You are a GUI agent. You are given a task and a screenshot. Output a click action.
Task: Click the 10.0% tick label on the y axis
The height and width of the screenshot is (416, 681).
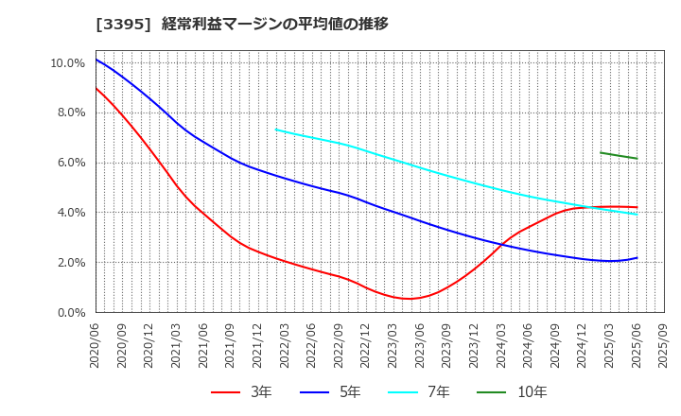click(x=68, y=63)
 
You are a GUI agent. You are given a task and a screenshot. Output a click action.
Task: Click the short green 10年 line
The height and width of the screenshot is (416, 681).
click(x=619, y=156)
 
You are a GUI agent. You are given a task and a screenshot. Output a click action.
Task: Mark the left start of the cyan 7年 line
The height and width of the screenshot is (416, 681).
click(x=275, y=130)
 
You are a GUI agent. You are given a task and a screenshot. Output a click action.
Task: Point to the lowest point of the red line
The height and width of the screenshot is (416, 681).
click(x=408, y=299)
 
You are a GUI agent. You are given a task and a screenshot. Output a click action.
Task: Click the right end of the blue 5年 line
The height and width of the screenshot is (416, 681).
click(x=637, y=257)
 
